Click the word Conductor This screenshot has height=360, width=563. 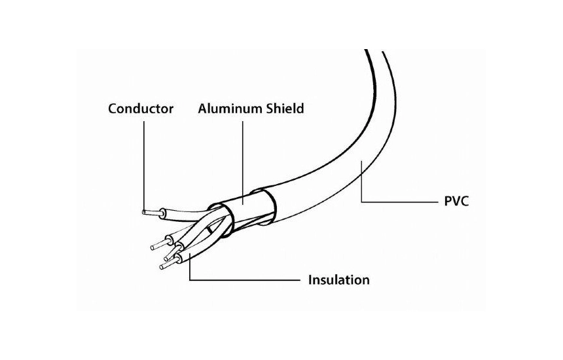click(x=141, y=109)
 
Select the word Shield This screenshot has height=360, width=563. click(x=285, y=108)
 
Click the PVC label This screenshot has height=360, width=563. click(x=456, y=202)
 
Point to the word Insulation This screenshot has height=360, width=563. click(x=339, y=280)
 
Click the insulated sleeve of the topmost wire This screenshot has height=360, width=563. click(x=183, y=214)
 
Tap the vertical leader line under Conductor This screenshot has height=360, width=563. click(x=144, y=166)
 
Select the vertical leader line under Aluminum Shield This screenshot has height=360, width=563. click(x=242, y=162)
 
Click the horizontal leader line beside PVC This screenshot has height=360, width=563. click(x=399, y=202)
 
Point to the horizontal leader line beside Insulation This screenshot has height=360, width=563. click(x=245, y=279)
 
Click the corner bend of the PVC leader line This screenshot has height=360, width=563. click(x=361, y=202)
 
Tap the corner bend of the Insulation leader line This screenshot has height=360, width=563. click(x=190, y=279)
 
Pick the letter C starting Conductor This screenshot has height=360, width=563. click(x=113, y=109)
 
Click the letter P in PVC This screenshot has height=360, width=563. click(x=448, y=202)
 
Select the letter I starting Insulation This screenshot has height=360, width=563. click(x=310, y=280)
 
